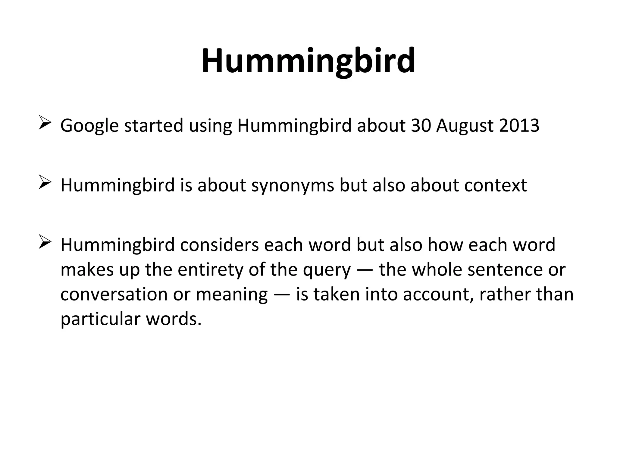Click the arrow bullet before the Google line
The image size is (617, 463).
(45, 124)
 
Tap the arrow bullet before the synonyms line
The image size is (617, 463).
(45, 184)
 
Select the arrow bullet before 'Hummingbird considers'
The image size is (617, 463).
(45, 243)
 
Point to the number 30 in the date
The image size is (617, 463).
(421, 125)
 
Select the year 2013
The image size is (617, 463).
(519, 125)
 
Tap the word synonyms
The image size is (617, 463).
(293, 185)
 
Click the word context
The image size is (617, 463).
(495, 185)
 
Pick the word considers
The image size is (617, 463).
(219, 245)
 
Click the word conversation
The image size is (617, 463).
(114, 294)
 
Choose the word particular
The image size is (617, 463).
(100, 319)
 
